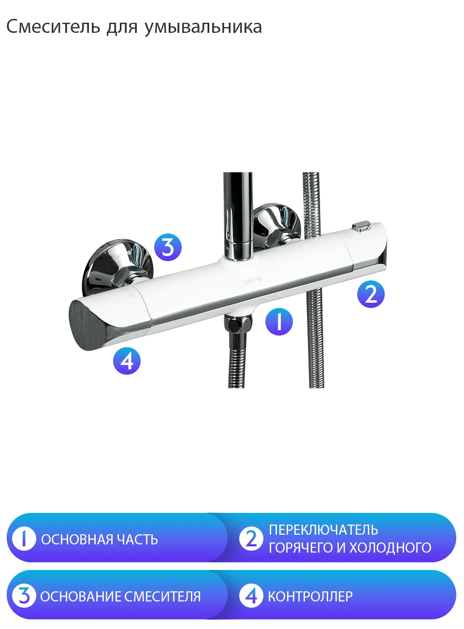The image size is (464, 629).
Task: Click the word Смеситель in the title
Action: point(53,27)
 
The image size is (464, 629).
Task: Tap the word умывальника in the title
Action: point(203,28)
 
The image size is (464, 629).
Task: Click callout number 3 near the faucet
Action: point(168,247)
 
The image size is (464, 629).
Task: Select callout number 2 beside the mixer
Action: point(371,294)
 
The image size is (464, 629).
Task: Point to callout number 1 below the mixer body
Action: point(279,322)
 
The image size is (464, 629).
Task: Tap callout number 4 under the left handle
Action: point(127,361)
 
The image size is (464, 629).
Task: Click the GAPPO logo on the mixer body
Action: point(252,280)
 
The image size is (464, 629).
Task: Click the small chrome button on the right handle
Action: point(362,226)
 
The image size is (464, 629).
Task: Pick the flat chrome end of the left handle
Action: point(86,325)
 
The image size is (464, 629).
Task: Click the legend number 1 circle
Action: point(24,539)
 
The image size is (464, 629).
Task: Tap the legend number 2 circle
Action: point(251,539)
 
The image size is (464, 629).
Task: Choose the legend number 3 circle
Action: point(24,596)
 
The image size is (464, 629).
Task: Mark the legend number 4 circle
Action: point(251,596)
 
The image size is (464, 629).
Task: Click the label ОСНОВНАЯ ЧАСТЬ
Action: point(100,540)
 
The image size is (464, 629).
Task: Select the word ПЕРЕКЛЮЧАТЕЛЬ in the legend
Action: point(323,530)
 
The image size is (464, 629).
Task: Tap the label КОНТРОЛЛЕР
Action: point(310,597)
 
